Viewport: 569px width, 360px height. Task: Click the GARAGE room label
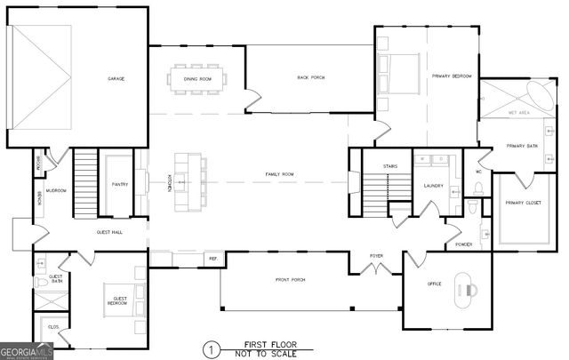pos(116,78)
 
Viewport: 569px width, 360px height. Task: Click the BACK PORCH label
pos(310,78)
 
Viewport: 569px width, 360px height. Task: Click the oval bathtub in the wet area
pos(541,93)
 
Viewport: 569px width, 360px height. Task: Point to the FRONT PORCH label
pos(290,280)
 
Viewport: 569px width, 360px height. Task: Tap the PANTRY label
pos(120,185)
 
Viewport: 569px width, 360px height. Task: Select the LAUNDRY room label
pos(433,186)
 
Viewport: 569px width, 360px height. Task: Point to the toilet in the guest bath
pos(41,283)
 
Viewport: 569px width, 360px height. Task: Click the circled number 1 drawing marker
pos(211,349)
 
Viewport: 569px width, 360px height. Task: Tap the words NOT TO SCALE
pos(271,353)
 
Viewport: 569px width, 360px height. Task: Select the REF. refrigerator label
pos(213,259)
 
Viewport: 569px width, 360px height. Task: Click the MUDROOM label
pos(57,190)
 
